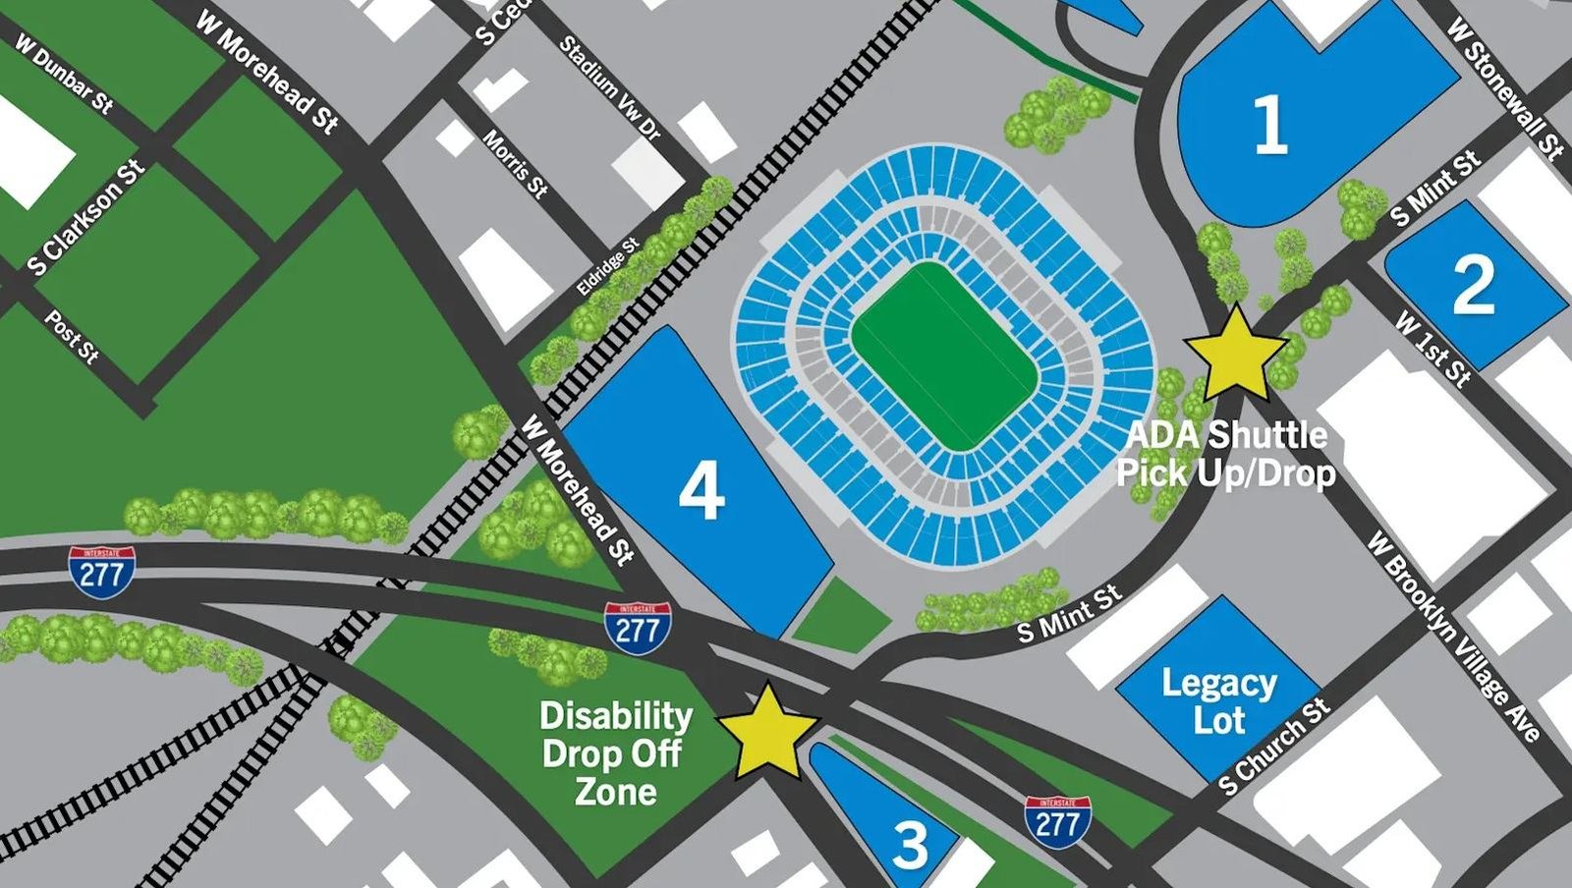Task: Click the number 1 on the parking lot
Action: (x=1270, y=127)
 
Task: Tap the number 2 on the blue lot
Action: (x=1473, y=285)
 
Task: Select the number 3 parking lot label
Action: (x=911, y=844)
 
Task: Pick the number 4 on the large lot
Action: (x=702, y=491)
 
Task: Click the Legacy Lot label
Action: (x=1219, y=700)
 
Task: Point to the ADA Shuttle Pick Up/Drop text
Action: (x=1226, y=454)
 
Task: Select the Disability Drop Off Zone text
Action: (x=616, y=753)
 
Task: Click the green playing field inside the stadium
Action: (x=944, y=357)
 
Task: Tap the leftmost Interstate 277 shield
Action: (x=102, y=569)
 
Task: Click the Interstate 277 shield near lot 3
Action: (x=1057, y=822)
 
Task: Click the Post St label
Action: (x=72, y=337)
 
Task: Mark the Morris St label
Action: (x=514, y=163)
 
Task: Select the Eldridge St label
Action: (x=608, y=266)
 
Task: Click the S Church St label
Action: (x=1273, y=747)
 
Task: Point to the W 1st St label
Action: (x=1433, y=350)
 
